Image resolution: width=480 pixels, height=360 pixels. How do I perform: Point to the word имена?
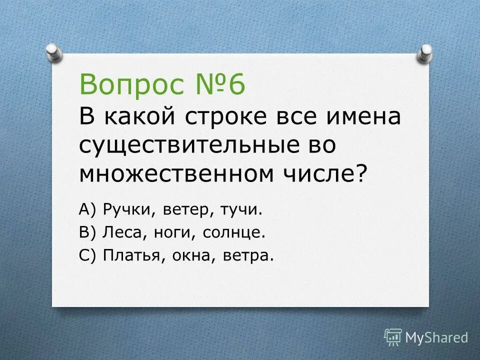360,117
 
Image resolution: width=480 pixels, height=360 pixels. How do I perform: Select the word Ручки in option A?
130,210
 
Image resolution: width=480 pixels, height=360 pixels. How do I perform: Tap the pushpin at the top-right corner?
424,52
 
